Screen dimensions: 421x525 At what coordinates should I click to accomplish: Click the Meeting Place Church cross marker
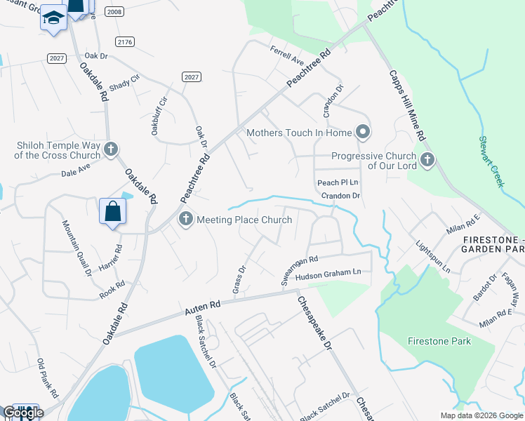(x=186, y=220)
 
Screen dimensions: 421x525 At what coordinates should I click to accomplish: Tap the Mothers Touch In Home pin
(x=362, y=132)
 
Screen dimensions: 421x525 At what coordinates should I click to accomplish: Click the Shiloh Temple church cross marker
(x=110, y=149)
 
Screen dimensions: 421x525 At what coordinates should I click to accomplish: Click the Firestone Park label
(x=439, y=341)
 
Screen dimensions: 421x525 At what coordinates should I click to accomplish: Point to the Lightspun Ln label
(x=432, y=258)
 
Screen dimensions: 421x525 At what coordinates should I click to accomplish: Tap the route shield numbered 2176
(x=126, y=43)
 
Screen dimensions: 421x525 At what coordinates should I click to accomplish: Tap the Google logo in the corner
(x=23, y=413)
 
